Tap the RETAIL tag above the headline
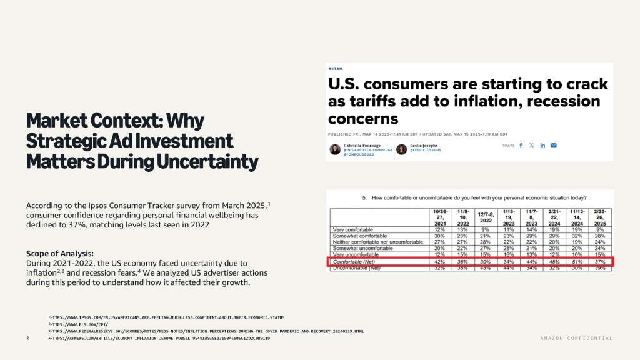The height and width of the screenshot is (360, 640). tap(335, 68)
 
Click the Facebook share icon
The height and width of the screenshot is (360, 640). tap(521, 145)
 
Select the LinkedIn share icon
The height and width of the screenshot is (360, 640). tap(542, 145)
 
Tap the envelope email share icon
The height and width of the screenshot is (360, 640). tap(554, 145)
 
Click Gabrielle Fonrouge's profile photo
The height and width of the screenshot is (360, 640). tap(335, 149)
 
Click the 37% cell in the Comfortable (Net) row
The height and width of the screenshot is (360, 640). tap(601, 262)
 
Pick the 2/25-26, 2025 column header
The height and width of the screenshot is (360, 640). tap(601, 218)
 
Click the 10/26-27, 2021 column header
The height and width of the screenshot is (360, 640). tap(440, 218)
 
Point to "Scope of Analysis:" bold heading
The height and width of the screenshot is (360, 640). tap(60, 253)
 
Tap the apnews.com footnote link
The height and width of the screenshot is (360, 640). tap(159, 338)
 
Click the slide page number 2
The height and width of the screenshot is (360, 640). tap(28, 338)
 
